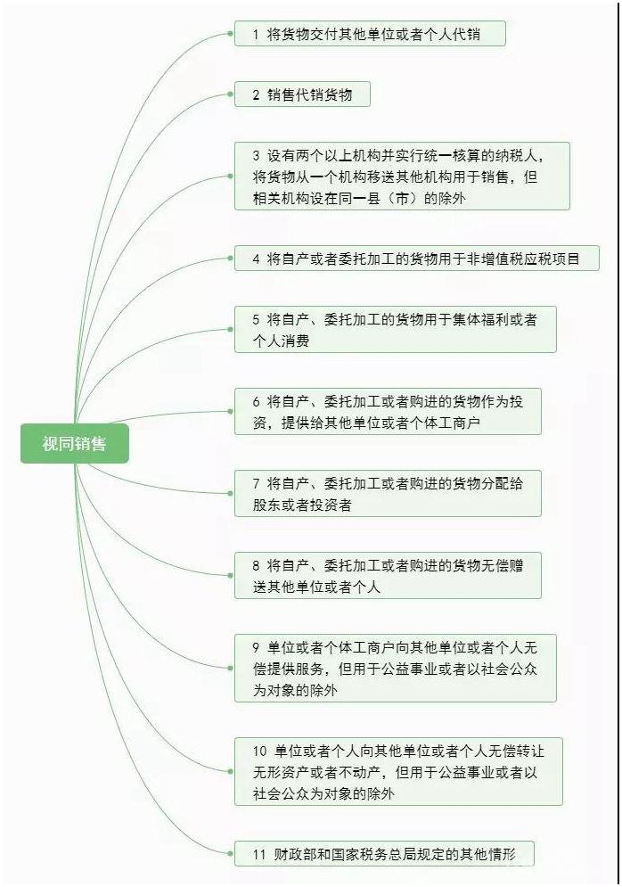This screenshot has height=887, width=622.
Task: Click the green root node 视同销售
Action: [x=75, y=444]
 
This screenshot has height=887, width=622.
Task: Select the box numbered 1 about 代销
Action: [x=370, y=34]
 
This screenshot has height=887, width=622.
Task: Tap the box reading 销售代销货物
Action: [x=302, y=94]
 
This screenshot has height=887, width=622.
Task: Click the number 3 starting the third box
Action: [x=256, y=156]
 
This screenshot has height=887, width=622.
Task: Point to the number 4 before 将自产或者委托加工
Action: [x=256, y=259]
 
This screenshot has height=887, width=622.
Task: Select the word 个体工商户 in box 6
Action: [x=445, y=423]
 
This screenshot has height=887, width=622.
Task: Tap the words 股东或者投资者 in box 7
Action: [x=302, y=505]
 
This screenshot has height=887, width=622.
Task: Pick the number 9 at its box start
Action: [x=256, y=648]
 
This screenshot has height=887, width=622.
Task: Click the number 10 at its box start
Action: [x=259, y=751]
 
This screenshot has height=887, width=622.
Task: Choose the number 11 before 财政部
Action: [x=259, y=854]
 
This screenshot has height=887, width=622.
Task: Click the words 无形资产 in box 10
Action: [x=281, y=772]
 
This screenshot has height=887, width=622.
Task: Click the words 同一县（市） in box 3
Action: [x=381, y=199]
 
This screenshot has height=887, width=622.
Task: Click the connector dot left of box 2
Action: [x=230, y=94]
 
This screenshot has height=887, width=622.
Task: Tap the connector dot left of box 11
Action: [x=230, y=854]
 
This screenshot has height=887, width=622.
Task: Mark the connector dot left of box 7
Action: [x=230, y=493]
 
